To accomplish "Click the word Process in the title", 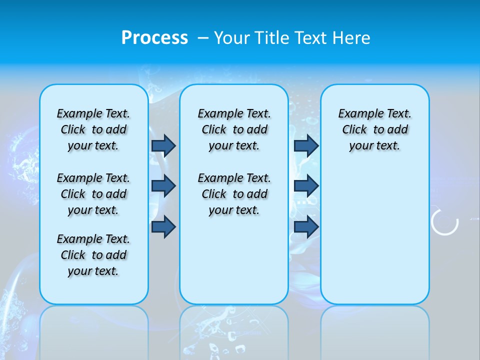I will pyautogui.click(x=154, y=38).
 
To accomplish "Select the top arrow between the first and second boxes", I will pyautogui.click(x=163, y=145).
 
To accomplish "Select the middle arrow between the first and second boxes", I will pyautogui.click(x=163, y=186).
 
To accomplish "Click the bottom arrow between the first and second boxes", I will pyautogui.click(x=163, y=226).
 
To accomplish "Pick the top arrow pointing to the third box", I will pyautogui.click(x=306, y=145).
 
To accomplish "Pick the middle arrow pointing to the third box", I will pyautogui.click(x=306, y=186).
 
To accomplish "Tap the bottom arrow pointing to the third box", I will pyautogui.click(x=306, y=226).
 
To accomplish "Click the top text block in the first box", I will pyautogui.click(x=93, y=129).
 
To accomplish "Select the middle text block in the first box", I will pyautogui.click(x=93, y=194).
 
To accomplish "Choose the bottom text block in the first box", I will pyautogui.click(x=93, y=255).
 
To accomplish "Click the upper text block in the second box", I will pyautogui.click(x=234, y=129).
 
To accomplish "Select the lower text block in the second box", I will pyautogui.click(x=234, y=194).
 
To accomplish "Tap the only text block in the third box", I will pyautogui.click(x=374, y=129).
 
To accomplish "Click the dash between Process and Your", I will pyautogui.click(x=203, y=38).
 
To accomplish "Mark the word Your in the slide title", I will pyautogui.click(x=232, y=38).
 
